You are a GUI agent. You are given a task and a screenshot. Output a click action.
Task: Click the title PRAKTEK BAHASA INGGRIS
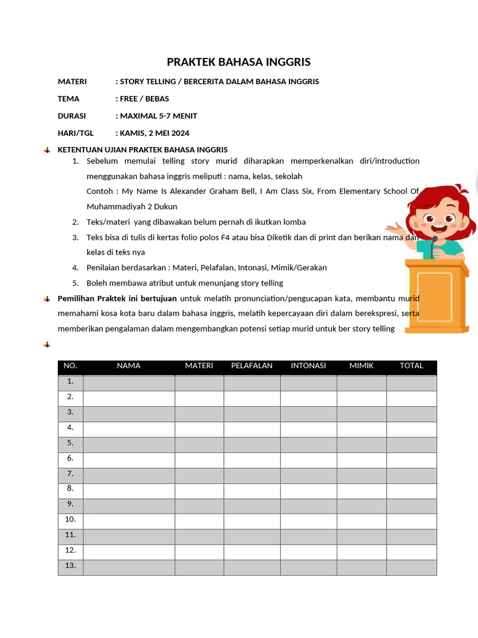[x=238, y=62]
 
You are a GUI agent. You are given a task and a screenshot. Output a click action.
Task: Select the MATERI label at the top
[x=72, y=82]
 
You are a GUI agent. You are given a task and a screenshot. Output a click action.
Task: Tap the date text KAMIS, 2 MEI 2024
[x=154, y=133]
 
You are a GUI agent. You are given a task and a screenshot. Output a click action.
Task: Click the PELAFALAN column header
[x=251, y=366]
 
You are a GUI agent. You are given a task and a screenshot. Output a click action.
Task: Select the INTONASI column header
[x=308, y=366]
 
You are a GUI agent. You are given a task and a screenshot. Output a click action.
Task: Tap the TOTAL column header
[x=411, y=366]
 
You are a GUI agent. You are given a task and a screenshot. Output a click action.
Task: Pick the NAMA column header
[x=129, y=366]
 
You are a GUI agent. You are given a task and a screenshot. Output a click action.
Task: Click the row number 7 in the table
[x=70, y=474]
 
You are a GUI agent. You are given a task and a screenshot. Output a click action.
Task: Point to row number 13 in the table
[x=70, y=566]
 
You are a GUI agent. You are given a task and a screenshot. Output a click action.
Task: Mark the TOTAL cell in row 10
[x=411, y=520]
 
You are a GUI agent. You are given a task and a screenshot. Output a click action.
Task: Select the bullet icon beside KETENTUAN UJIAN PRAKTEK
[x=47, y=150]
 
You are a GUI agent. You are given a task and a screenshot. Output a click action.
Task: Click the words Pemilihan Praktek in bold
[x=86, y=298]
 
